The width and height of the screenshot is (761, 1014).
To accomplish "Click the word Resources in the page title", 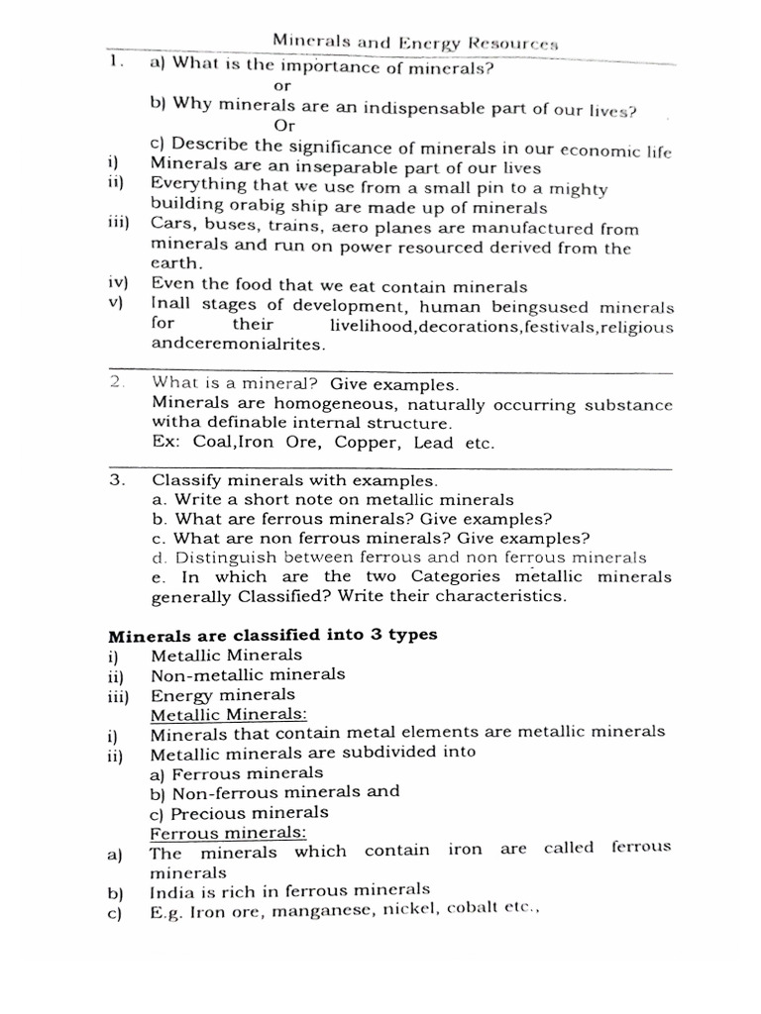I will [522, 45].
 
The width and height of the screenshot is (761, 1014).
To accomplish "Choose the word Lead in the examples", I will [434, 444].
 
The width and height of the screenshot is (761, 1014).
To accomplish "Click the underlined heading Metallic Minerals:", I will [229, 714].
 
